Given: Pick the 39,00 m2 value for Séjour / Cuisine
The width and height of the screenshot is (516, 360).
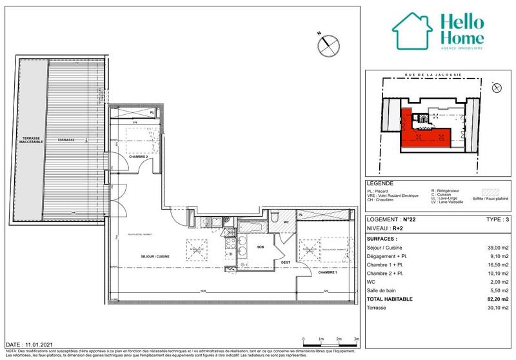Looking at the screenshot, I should [x=497, y=247].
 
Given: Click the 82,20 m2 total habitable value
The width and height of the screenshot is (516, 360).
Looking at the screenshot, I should [x=496, y=299].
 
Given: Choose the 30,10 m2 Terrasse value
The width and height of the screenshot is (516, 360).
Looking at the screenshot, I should [x=497, y=308].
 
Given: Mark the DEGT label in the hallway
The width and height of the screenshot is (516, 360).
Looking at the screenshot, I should [x=284, y=262].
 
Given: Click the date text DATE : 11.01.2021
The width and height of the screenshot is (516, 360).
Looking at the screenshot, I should [x=27, y=346].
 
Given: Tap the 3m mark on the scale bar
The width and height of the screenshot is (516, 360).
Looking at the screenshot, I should [x=356, y=339].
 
